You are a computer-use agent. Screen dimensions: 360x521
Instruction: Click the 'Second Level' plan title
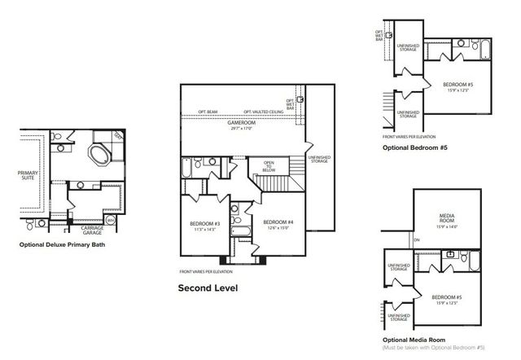(x=208, y=288)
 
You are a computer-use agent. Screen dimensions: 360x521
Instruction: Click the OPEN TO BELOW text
(x=269, y=165)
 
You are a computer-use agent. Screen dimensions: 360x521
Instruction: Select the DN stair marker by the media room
(x=416, y=240)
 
